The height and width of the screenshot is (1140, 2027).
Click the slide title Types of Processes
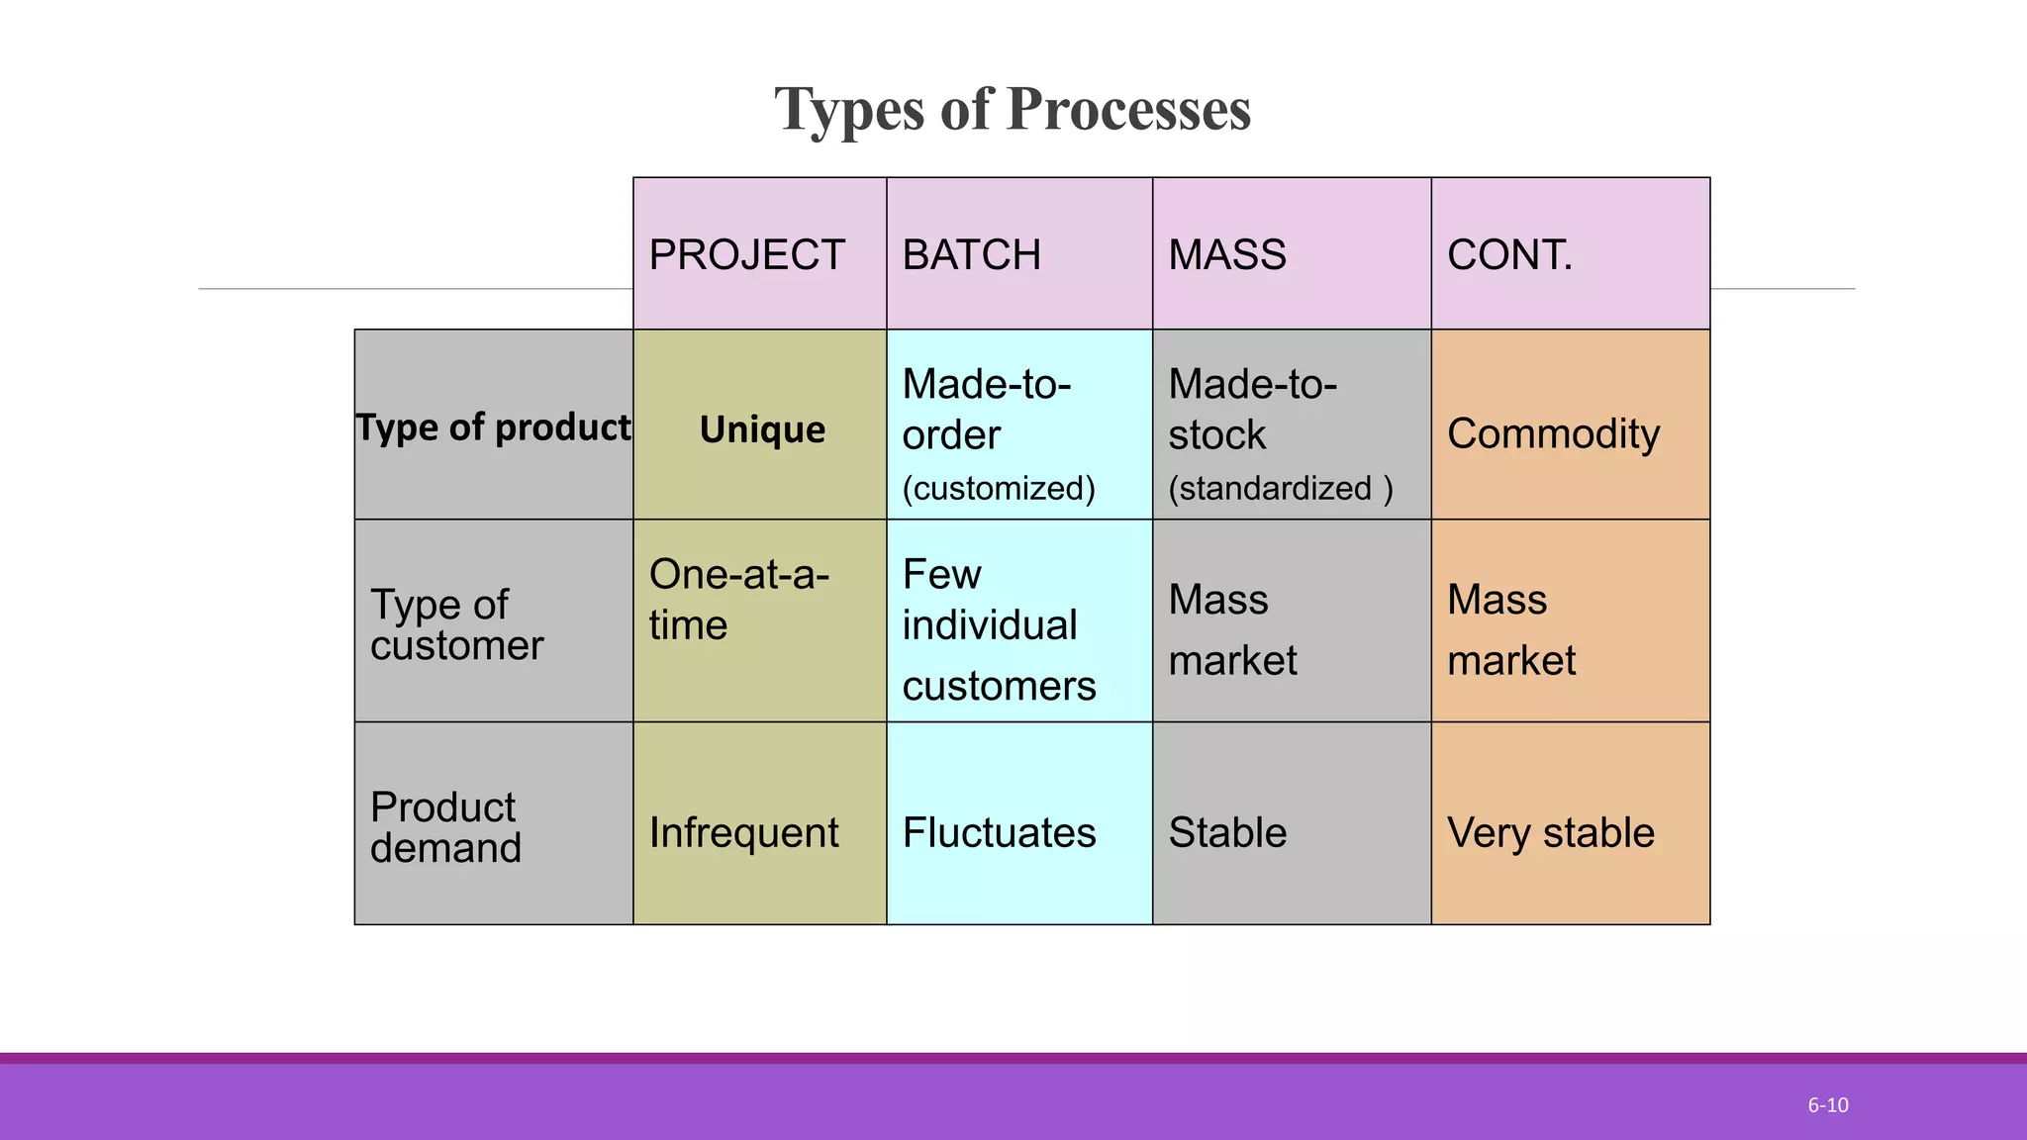pos(1013,109)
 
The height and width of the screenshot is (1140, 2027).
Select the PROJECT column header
pos(746,255)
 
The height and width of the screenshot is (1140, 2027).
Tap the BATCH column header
pos(971,255)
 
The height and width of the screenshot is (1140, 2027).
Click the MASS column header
pos(1226,255)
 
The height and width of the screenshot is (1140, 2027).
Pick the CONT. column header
pos(1509,255)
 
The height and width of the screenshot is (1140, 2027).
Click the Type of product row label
pos(493,427)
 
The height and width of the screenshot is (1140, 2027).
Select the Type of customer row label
pos(456,624)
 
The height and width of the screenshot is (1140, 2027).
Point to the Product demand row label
pos(444,827)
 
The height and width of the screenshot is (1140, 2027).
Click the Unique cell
pos(762,429)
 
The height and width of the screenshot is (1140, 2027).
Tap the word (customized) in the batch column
pos(999,488)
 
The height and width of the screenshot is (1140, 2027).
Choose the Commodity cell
pos(1553,433)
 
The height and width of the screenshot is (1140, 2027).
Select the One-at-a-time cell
pos(738,600)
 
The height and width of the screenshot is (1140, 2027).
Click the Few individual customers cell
pos(999,629)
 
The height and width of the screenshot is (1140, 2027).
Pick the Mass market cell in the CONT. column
pos(1511,629)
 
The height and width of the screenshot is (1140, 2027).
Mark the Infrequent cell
pos(743,832)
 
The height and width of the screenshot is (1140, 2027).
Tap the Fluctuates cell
pos(999,832)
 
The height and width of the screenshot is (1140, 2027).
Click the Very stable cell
pos(1550,832)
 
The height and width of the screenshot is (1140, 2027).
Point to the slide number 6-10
pos(1827,1105)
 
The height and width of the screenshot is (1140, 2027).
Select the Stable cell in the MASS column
pos(1227,832)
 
